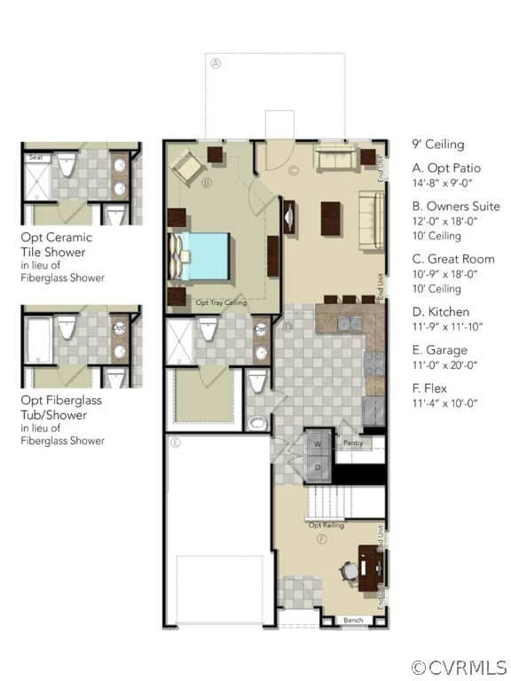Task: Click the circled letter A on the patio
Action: click(215, 63)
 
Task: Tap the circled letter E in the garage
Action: click(176, 442)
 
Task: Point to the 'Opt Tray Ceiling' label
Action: click(221, 303)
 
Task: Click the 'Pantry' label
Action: click(353, 443)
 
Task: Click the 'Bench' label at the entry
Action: click(353, 620)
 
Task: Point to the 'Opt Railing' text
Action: click(326, 525)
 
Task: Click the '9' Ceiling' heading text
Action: click(437, 145)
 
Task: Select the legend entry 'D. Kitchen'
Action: click(441, 312)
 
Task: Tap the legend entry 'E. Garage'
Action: click(440, 350)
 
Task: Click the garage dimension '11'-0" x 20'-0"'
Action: click(445, 364)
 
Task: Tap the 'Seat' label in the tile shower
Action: click(36, 158)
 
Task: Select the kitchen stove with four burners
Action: click(373, 362)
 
